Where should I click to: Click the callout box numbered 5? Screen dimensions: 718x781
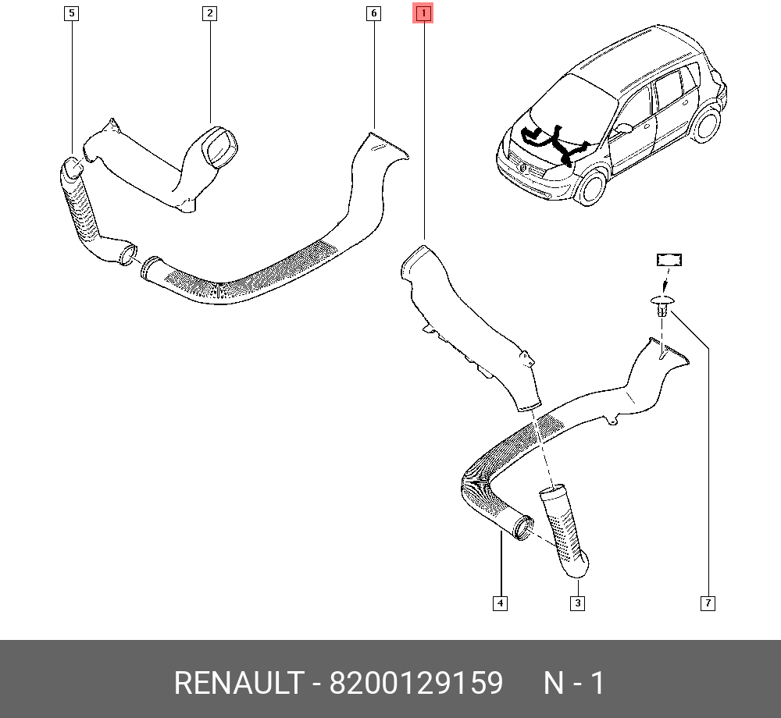point(71,13)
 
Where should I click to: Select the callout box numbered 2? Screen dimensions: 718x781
point(209,13)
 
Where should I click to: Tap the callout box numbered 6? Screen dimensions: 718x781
point(373,13)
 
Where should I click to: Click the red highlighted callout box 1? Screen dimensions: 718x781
point(423,13)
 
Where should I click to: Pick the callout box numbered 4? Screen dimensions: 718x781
point(500,602)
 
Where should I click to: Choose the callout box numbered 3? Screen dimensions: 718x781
point(577,602)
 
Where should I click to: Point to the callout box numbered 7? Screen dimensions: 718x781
point(708,602)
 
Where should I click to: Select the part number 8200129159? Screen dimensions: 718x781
point(415,684)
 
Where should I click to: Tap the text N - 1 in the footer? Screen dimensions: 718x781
point(574,684)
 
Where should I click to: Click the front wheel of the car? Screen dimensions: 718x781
point(592,187)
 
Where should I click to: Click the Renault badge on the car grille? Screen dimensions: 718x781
point(522,166)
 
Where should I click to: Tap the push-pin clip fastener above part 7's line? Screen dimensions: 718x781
point(662,304)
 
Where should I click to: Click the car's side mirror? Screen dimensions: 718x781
point(622,128)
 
